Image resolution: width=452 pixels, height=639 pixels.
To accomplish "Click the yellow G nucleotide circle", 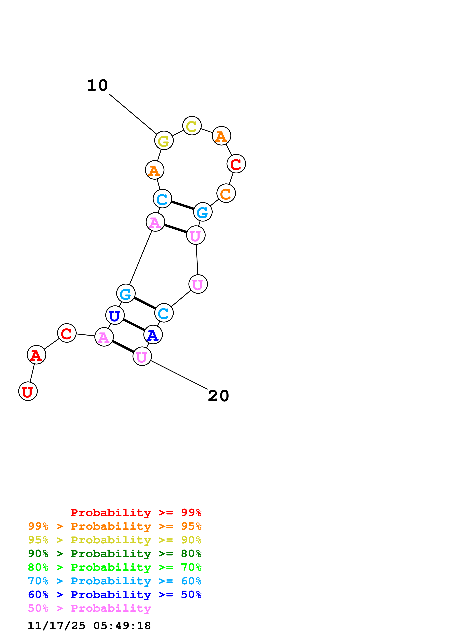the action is [164, 141].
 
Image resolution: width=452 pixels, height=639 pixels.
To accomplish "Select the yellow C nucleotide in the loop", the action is [192, 126].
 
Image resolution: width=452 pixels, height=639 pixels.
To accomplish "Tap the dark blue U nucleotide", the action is [115, 315].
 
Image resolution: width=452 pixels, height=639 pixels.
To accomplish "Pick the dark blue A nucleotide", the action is [153, 335].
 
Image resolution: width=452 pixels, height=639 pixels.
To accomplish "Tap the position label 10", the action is [97, 85].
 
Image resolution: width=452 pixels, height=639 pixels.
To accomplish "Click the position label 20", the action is [218, 396].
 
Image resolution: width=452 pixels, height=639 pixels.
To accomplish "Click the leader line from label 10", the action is [133, 114].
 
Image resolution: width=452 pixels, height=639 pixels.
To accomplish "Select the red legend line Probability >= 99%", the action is [136, 513].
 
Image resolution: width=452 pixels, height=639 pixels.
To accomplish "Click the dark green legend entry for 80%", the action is [115, 554].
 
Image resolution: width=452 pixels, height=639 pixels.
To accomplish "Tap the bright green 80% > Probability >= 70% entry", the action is [115, 567].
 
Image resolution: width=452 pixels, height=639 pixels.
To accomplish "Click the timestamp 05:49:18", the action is [122, 626].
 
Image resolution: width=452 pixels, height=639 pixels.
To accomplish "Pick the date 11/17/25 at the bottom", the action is [57, 626].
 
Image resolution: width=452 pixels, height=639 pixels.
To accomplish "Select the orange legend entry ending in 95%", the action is [115, 526].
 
